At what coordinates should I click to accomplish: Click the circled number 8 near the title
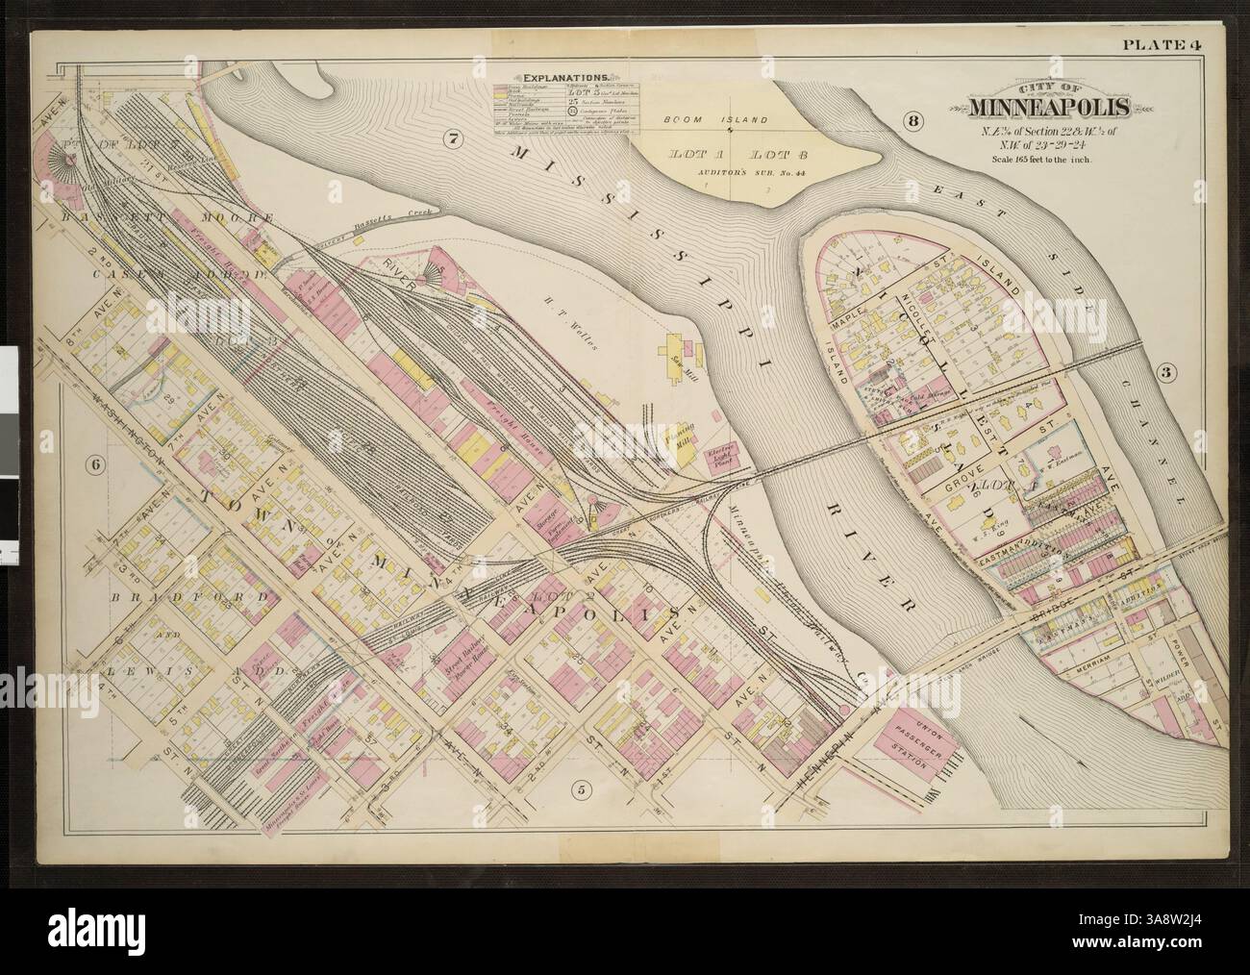point(912,120)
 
